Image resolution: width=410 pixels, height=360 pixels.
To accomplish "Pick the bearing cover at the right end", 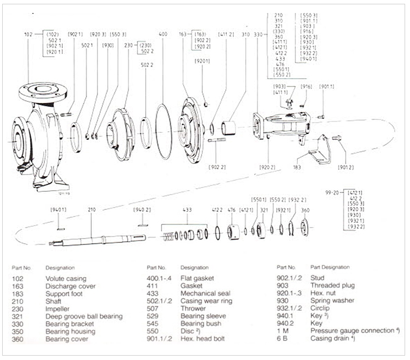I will click(x=304, y=228).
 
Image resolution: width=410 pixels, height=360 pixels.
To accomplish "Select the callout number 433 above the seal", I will click(x=187, y=210).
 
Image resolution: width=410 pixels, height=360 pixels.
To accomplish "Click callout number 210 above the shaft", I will click(x=90, y=210).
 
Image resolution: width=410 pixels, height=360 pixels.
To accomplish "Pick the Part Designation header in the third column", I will click(x=329, y=267).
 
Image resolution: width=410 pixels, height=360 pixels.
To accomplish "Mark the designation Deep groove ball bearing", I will click(x=84, y=316).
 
